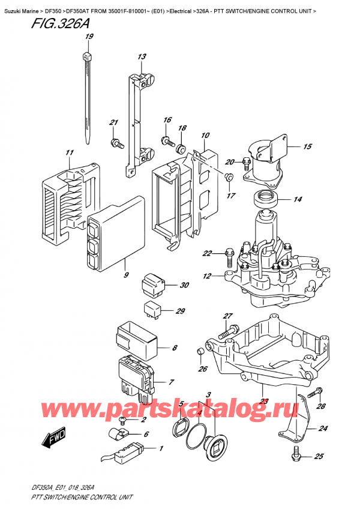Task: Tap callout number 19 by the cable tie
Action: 89,37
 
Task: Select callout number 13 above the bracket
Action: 142,57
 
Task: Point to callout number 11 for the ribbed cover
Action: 70,153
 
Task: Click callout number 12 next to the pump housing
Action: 208,276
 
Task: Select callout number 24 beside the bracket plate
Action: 324,429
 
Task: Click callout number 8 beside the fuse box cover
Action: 175,348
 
